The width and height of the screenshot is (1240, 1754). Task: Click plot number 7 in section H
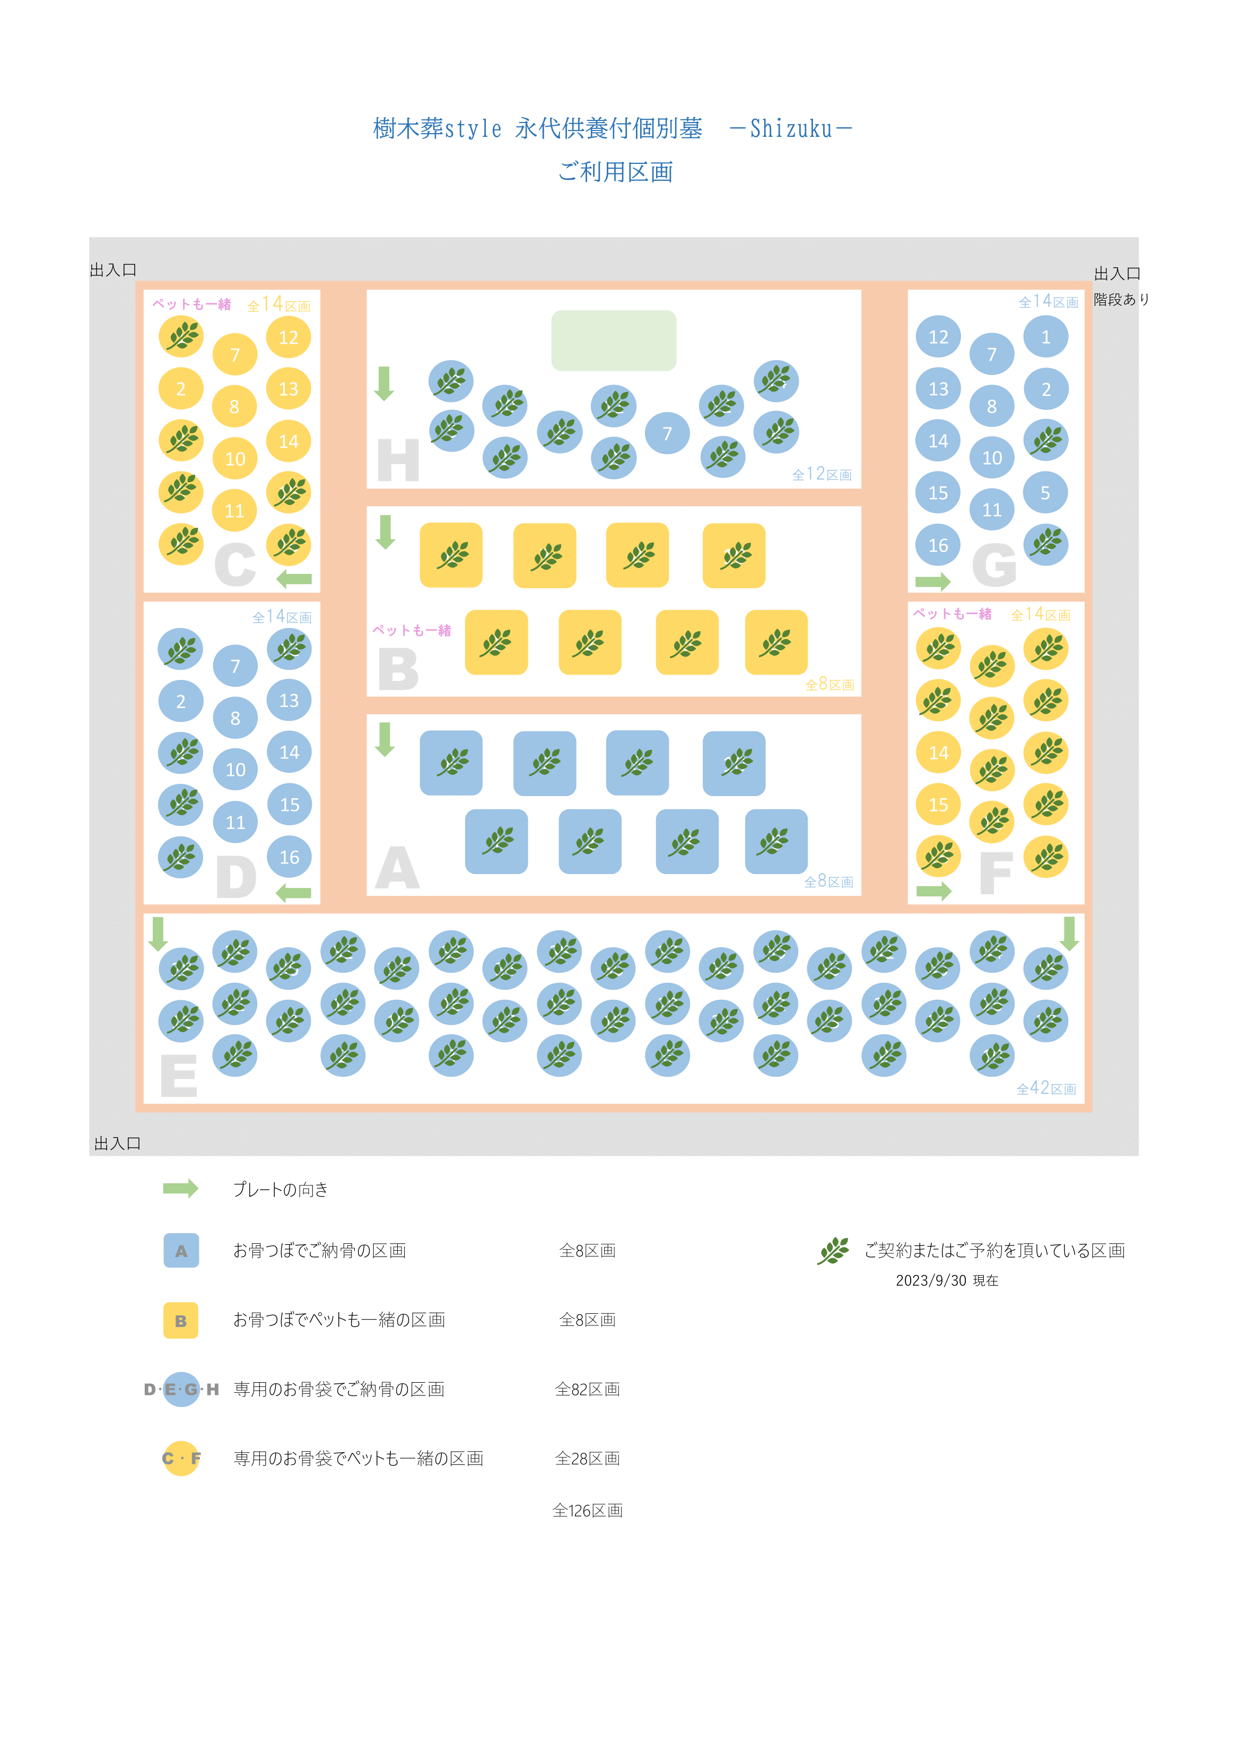point(667,433)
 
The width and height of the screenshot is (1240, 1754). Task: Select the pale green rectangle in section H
point(614,341)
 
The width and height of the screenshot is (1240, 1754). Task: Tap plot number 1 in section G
point(1046,337)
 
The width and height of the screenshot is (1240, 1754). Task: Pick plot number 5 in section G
point(1045,493)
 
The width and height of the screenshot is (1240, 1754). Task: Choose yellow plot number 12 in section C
point(288,337)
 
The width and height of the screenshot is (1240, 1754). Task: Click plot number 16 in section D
point(290,857)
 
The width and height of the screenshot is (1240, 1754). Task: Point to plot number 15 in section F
point(938,805)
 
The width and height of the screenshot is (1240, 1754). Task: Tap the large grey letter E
point(179,1076)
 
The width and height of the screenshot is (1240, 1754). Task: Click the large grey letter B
point(398,669)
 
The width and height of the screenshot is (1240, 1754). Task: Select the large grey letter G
point(994,565)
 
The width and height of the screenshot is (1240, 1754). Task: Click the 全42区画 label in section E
point(1046,1088)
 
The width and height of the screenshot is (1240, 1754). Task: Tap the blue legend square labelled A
point(181,1251)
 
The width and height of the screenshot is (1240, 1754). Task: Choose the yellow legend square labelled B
point(181,1320)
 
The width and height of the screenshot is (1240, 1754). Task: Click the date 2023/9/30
point(931,1280)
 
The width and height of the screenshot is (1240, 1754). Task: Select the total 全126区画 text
point(588,1511)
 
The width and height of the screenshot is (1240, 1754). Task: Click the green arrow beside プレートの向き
point(181,1188)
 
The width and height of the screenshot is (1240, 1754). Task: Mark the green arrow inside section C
point(294,579)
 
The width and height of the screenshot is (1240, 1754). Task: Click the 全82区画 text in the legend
point(588,1389)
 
